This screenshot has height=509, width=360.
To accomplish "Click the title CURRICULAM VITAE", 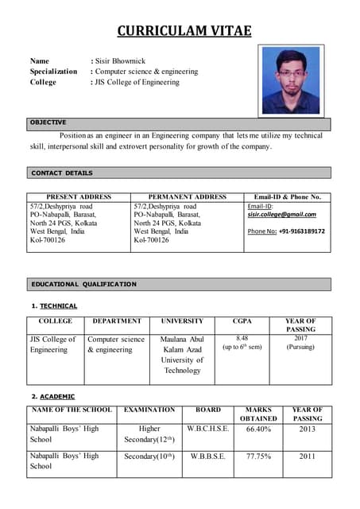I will pos(184,31).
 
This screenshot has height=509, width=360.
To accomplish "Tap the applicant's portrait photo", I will pos(290,80).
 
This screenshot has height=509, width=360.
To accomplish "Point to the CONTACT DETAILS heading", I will pos(62,173).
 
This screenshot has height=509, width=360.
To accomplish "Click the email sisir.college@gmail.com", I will pos(281,215).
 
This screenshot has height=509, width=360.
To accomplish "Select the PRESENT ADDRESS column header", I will pos(79,197).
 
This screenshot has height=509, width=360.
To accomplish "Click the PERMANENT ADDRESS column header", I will pos(188,197).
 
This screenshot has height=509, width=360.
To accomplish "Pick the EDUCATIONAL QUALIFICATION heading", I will pos(83,284).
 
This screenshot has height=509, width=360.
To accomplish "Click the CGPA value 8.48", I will pos(242,339).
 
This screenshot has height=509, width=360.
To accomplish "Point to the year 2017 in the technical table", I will pos(300,339).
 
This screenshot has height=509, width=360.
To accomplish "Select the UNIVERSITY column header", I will pos(182,321).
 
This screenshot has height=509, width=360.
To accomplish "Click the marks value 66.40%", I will pos(258,429).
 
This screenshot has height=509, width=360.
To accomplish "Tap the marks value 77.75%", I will pos(258,457).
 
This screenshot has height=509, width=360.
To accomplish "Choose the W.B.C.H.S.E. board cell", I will pos(208,429).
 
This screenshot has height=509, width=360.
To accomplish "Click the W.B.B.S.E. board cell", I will pos(207,457).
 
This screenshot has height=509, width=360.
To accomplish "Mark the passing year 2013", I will pos(307,429).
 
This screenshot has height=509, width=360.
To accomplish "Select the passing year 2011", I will pos(307,457).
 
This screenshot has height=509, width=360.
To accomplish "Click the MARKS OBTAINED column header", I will pos(258,414).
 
